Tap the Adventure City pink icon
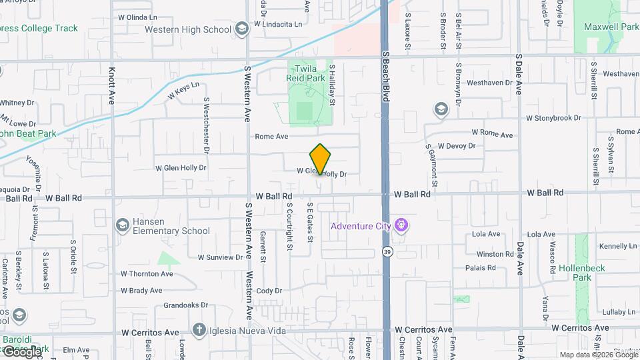[x=400, y=225]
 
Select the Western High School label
[x=187, y=29]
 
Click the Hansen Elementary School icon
[x=122, y=225]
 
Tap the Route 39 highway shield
[x=387, y=252]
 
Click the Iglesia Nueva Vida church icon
[x=199, y=330]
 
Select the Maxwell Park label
[x=611, y=27]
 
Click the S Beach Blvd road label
[x=385, y=77]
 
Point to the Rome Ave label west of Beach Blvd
[x=271, y=137]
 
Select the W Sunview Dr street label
[x=220, y=257]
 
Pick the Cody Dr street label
[x=269, y=291]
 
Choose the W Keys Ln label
[x=183, y=91]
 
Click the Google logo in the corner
[x=22, y=351]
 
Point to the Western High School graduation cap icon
[x=241, y=28]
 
